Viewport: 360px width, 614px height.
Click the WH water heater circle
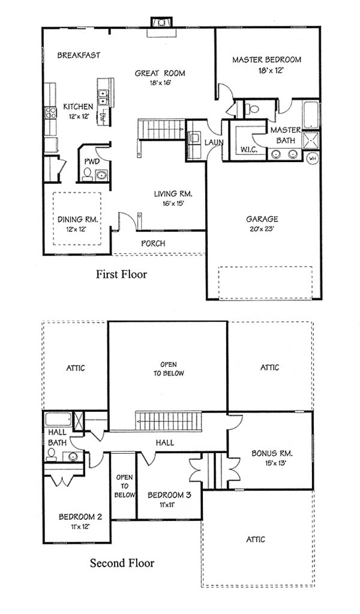click(313, 158)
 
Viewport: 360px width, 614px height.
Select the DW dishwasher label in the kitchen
click(104, 116)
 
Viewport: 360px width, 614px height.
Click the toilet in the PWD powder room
click(88, 173)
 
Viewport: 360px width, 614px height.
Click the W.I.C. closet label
click(248, 149)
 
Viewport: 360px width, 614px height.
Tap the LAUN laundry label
click(214, 142)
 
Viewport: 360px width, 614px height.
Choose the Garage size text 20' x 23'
click(262, 229)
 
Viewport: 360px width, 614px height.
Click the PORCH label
click(153, 243)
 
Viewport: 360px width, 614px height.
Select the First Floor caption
click(122, 274)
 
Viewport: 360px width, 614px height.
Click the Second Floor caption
click(122, 563)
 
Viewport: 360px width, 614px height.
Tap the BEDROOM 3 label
click(169, 495)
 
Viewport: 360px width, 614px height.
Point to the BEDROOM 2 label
click(80, 517)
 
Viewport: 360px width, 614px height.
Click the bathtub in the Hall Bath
click(58, 419)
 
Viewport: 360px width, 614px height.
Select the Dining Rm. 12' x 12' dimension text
click(75, 229)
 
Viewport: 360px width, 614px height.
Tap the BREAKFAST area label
click(79, 55)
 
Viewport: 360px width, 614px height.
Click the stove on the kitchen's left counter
click(50, 113)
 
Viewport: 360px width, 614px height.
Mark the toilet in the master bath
click(253, 108)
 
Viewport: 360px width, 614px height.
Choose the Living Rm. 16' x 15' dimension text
click(173, 203)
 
